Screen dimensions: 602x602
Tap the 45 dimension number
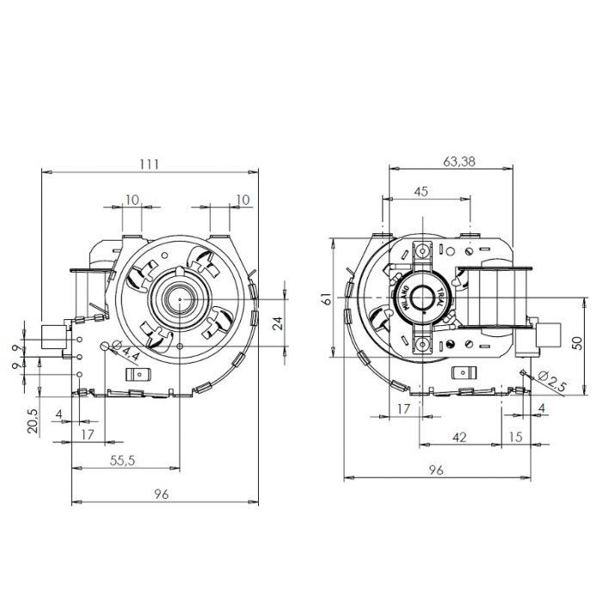(x=421, y=192)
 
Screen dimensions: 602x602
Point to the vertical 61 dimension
(x=325, y=298)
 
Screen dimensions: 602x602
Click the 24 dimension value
(x=277, y=322)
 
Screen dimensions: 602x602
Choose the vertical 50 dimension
(x=577, y=341)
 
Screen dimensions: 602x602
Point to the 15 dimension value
(x=515, y=438)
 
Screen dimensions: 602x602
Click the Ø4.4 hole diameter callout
(x=129, y=353)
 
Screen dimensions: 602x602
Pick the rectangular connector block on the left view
(x=56, y=337)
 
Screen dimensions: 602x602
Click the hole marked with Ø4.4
(x=107, y=346)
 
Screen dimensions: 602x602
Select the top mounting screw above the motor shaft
(x=422, y=252)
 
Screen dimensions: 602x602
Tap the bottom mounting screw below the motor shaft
(x=422, y=345)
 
